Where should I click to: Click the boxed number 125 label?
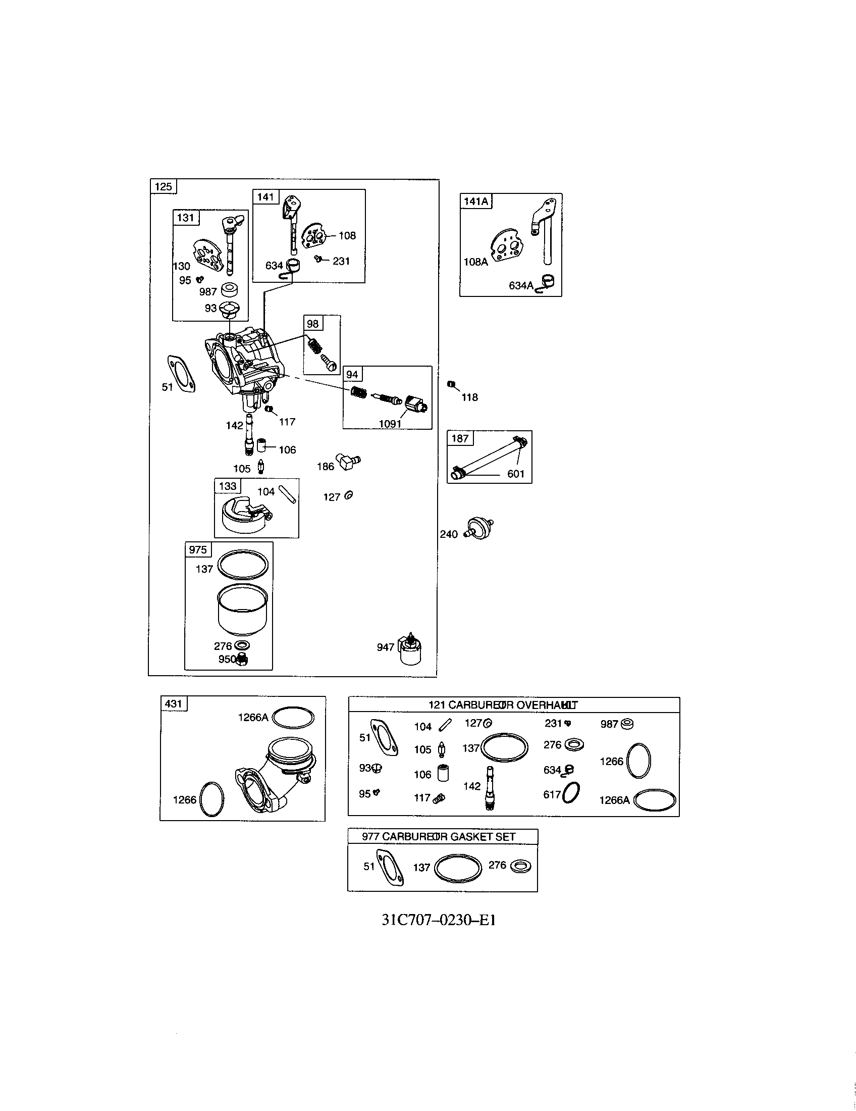pyautogui.click(x=163, y=187)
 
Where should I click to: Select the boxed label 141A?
pyautogui.click(x=476, y=201)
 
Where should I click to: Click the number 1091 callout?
pyautogui.click(x=390, y=424)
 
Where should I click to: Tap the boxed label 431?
pyautogui.click(x=173, y=704)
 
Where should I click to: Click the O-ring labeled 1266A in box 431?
pyautogui.click(x=293, y=718)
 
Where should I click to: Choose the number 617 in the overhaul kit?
pyautogui.click(x=552, y=794)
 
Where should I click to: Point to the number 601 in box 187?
pyautogui.click(x=515, y=474)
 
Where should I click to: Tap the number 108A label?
pyautogui.click(x=475, y=262)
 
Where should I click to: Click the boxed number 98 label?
pyautogui.click(x=312, y=324)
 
